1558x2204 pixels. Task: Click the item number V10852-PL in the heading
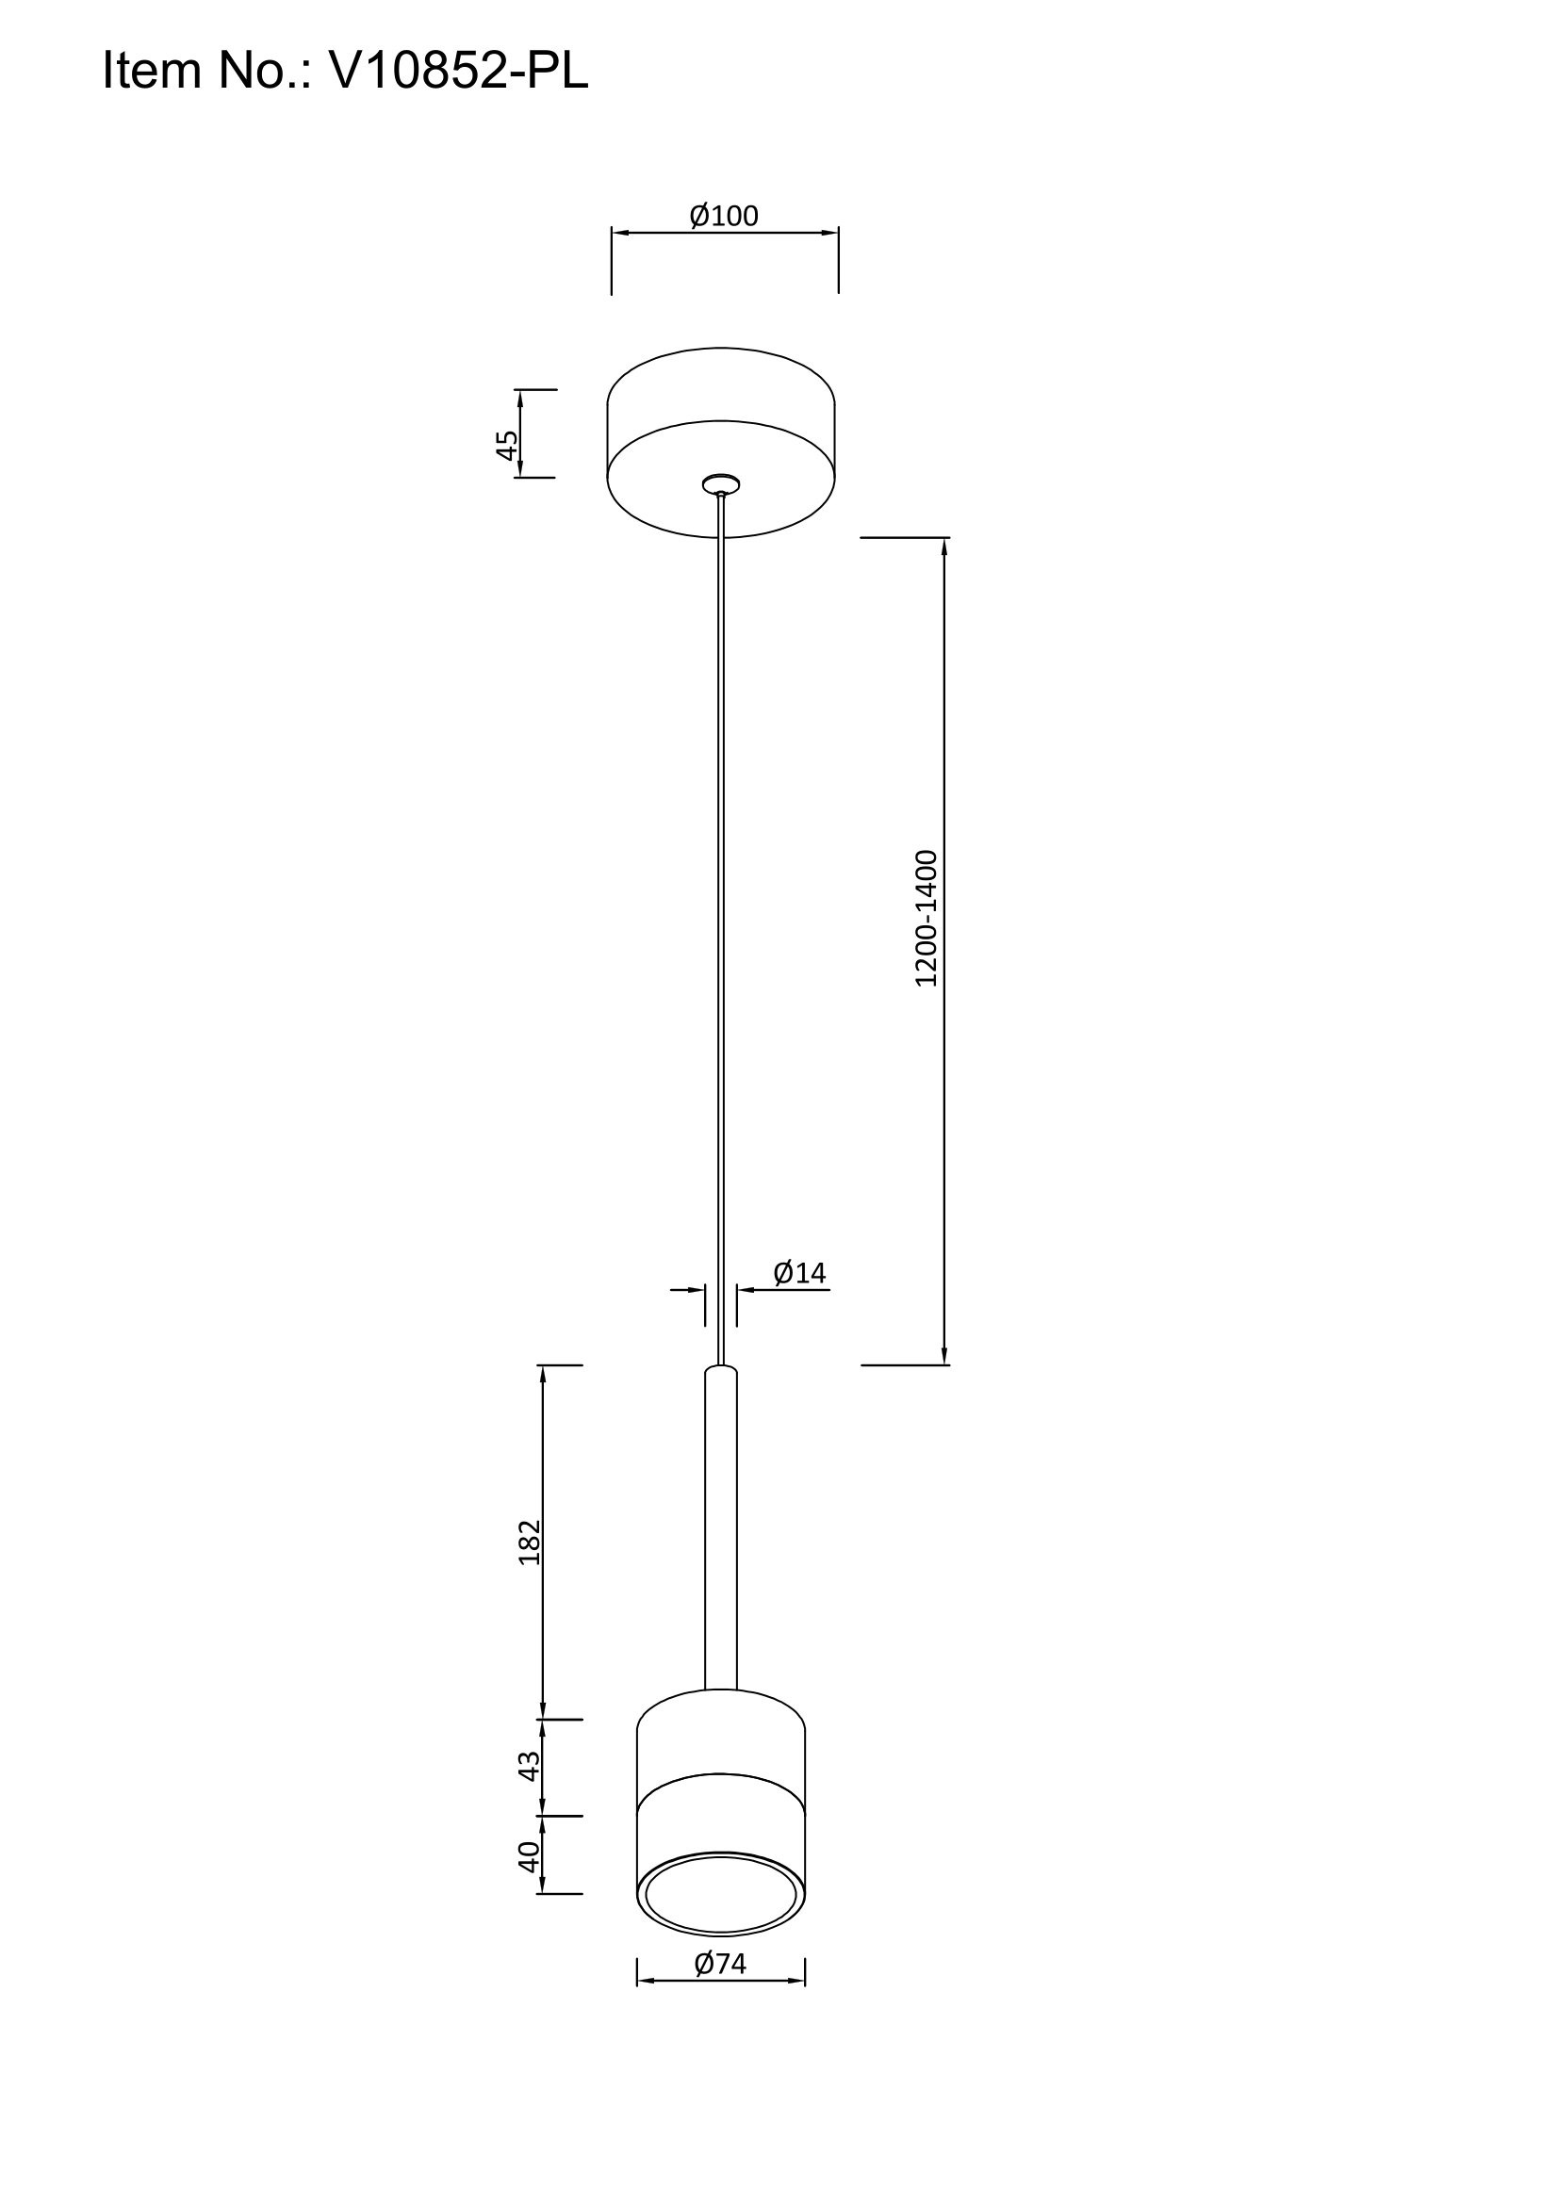(x=458, y=70)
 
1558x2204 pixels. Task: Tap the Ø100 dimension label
(x=724, y=216)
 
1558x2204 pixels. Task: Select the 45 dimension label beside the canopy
(x=507, y=445)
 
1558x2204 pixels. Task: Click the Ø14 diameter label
(x=799, y=1273)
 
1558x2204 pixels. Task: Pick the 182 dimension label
(x=530, y=1543)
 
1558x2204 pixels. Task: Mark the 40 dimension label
(x=530, y=1857)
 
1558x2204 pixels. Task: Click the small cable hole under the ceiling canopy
(x=721, y=483)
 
